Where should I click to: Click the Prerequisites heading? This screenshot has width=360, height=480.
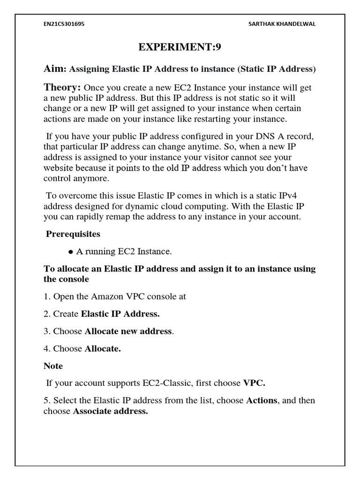coord(73,233)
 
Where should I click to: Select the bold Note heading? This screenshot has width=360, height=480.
coord(53,366)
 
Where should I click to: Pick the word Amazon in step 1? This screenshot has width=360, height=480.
coord(104,297)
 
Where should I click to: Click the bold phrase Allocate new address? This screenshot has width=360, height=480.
coord(128,331)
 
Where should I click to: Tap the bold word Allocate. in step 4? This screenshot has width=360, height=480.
coord(103,349)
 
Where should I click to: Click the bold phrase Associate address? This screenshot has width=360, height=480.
coord(111,412)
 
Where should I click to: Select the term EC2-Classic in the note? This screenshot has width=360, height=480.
coord(170,383)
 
